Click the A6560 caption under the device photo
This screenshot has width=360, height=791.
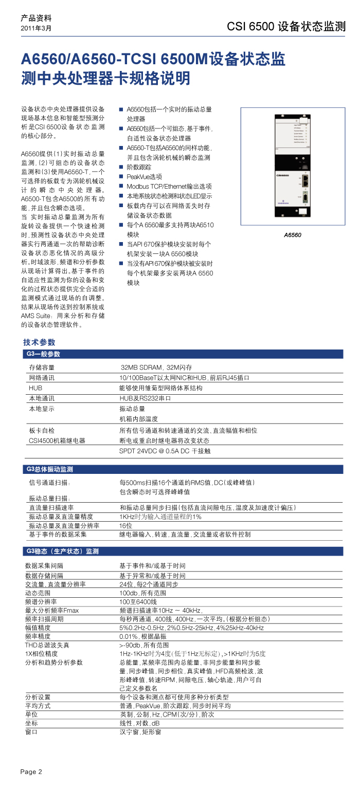click(293, 235)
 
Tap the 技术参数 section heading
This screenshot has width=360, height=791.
click(39, 342)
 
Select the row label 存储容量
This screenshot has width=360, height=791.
click(42, 367)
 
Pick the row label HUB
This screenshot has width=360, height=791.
click(35, 388)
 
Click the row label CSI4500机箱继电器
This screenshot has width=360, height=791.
click(57, 441)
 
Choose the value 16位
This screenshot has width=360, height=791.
click(126, 525)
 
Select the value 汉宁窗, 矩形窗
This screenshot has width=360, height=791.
click(140, 731)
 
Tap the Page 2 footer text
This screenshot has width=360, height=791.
click(31, 771)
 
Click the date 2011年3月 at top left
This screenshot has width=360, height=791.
click(36, 28)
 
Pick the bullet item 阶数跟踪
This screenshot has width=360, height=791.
click(139, 167)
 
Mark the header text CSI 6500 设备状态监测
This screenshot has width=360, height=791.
click(286, 27)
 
